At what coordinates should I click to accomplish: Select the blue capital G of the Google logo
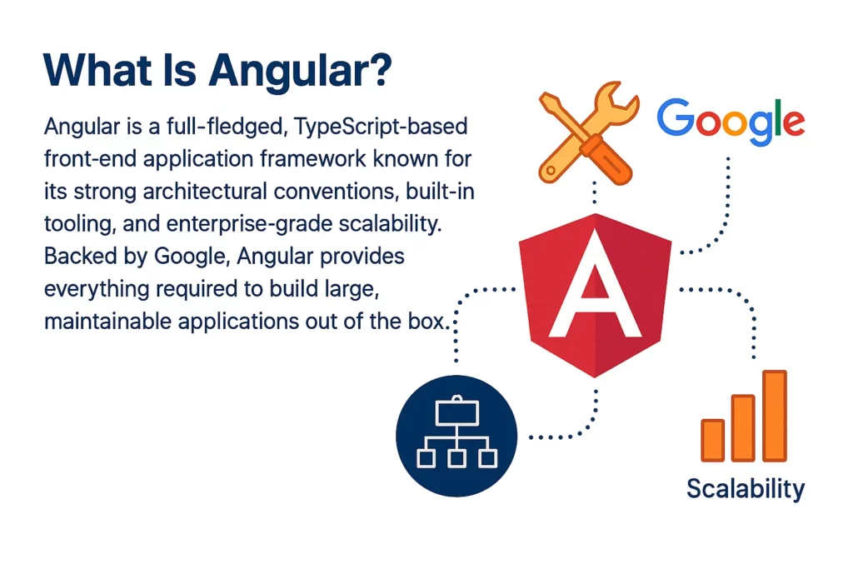(x=675, y=118)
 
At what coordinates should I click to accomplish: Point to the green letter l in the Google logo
(x=771, y=117)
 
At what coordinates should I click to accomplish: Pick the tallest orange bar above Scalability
(x=774, y=415)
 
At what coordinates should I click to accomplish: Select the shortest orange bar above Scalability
(x=712, y=439)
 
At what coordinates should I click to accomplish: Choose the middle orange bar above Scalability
(x=743, y=427)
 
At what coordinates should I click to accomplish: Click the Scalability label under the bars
(x=746, y=488)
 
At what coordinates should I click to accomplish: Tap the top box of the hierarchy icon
(x=456, y=410)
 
